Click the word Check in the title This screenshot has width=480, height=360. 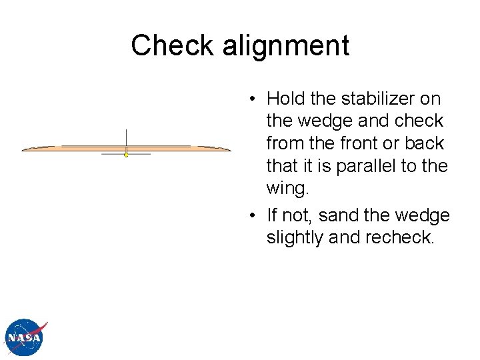[171, 46]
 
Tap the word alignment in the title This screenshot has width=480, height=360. [286, 46]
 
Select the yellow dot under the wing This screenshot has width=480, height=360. [126, 155]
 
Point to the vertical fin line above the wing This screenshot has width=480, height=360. [126, 137]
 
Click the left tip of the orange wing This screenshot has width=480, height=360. [24, 150]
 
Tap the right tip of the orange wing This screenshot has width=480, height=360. [229, 149]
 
